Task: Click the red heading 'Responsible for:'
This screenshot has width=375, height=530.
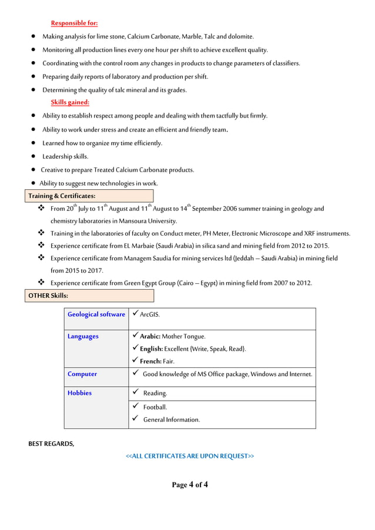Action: coord(74,24)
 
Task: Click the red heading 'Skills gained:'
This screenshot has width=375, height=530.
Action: coord(70,103)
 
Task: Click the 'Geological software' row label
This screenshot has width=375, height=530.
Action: coord(96,314)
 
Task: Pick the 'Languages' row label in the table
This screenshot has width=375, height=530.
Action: coord(83,337)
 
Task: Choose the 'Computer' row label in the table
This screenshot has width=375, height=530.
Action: coord(82,374)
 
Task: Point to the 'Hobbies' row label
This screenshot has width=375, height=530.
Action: coord(79,393)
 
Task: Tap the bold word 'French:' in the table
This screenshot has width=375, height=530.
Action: coord(150,361)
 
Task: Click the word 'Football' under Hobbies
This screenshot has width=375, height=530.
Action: coord(155,407)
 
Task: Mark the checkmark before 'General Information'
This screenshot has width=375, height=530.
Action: coord(135,419)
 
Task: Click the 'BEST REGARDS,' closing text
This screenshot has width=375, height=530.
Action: coord(51,444)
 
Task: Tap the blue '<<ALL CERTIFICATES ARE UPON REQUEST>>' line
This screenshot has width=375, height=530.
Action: coord(190,456)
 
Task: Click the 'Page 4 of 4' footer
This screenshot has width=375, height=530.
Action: coord(190,485)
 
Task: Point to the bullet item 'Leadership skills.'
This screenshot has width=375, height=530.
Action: coord(65,156)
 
